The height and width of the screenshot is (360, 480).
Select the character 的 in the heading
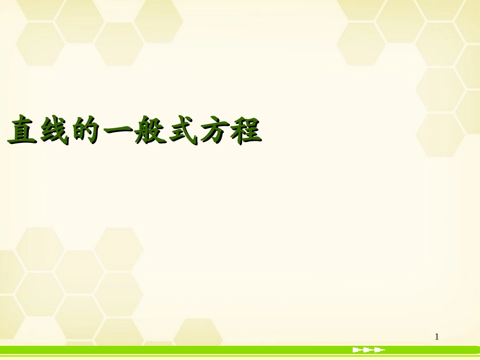click(85, 131)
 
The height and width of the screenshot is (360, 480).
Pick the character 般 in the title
click(150, 131)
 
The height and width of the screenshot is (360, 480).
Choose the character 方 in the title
click(214, 131)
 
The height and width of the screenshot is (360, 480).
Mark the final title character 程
click(246, 131)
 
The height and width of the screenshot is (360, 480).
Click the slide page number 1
click(437, 337)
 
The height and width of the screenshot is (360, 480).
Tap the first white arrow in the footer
click(357, 349)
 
